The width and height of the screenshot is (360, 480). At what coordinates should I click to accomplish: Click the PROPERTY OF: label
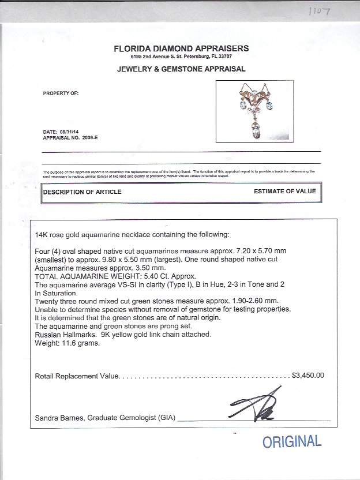[61, 93]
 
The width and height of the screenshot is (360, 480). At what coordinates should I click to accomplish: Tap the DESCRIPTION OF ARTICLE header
[82, 192]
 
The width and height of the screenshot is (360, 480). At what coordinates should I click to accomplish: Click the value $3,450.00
[308, 375]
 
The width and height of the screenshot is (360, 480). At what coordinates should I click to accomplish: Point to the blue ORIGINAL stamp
[292, 442]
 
